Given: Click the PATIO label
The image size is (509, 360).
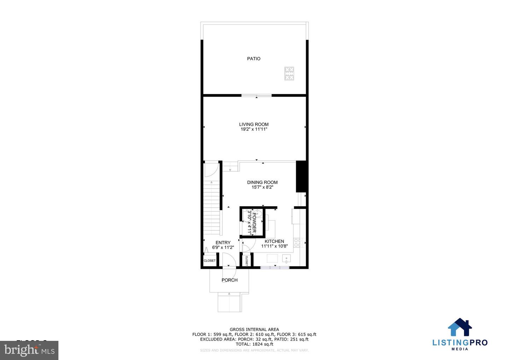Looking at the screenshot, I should tap(254, 59).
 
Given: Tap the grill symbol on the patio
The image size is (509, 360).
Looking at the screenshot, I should tap(289, 74).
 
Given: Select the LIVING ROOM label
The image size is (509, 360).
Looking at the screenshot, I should tap(254, 124).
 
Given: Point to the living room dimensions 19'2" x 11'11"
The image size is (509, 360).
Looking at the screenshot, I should tap(254, 129).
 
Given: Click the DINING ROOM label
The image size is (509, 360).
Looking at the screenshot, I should tap(262, 182).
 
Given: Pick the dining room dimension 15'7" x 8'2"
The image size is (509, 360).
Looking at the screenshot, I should tap(262, 187).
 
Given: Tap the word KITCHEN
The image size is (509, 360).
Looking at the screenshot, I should tap(274, 241).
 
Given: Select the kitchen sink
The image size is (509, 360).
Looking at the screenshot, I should tap(286, 259).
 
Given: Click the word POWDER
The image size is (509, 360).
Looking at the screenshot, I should tap(254, 223).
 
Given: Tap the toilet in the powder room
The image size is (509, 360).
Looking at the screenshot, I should tap(257, 213).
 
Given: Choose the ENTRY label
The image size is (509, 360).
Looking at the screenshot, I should tap(223, 243).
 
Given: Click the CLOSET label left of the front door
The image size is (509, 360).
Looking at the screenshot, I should tap(210, 261).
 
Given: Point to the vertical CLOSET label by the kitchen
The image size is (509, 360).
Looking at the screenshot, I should tap(246, 260).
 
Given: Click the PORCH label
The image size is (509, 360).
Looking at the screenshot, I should tap(229, 280).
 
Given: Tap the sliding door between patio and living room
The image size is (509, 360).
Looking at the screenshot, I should tap(257, 95).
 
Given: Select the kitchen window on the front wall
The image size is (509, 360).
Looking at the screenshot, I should tap(275, 267).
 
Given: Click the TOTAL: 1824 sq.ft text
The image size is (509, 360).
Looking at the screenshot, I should tap(254, 344).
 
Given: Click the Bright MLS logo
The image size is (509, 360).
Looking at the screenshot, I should tap(29, 350).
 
